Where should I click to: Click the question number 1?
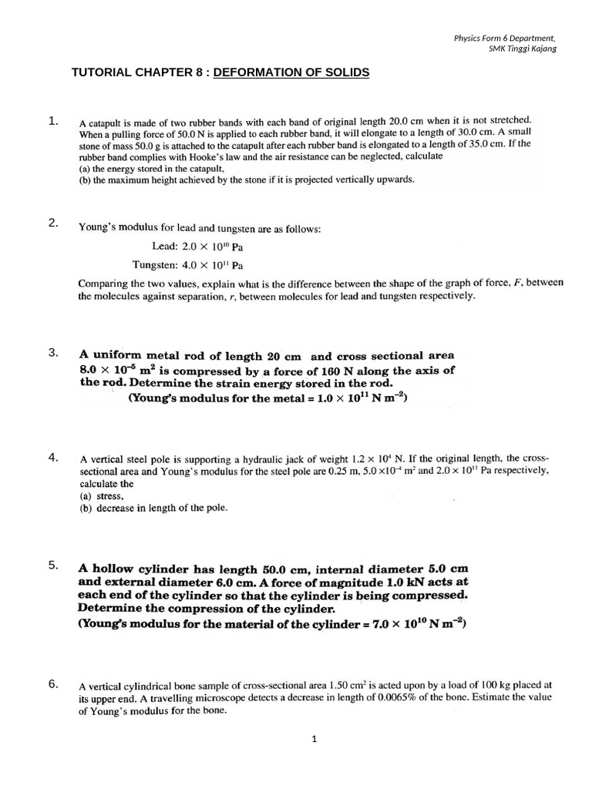coord(52,120)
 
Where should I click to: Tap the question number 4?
coord(52,457)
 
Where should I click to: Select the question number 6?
coord(52,683)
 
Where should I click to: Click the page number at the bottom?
coord(314,740)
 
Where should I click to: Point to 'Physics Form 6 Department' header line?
coord(504,38)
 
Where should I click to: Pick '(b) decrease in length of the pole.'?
coord(153,508)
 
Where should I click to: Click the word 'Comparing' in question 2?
coord(104,284)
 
